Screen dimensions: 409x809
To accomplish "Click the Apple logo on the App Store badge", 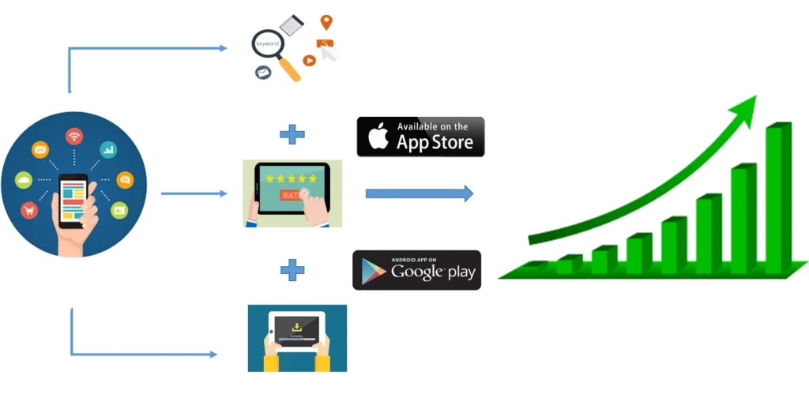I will coord(378,137).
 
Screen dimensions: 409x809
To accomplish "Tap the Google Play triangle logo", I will coord(374,271).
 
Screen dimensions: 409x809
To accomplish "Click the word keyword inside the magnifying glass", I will coord(267,43).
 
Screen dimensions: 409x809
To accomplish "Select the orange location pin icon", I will coord(325,22).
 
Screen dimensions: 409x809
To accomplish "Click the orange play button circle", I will coord(309,60).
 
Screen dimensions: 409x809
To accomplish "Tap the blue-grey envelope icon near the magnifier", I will coord(262,73).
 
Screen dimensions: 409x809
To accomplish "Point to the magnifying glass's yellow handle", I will coord(288,69).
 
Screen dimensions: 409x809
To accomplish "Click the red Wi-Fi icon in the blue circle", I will coord(74,137).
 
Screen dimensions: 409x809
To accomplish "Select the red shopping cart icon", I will coord(30,211).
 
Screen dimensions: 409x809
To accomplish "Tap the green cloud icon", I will coord(24,181).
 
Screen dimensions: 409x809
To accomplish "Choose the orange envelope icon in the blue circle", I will coord(40,148).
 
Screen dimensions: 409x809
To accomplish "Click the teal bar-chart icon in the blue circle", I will coord(108,148).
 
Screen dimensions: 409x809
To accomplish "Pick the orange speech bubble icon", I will coord(125,180).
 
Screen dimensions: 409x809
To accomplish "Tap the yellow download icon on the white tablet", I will coord(296,325).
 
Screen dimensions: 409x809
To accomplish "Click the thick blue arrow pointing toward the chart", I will coord(419,193).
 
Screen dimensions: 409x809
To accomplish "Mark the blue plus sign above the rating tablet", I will coord(292,134).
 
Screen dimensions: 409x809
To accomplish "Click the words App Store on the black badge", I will coord(435,142).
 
